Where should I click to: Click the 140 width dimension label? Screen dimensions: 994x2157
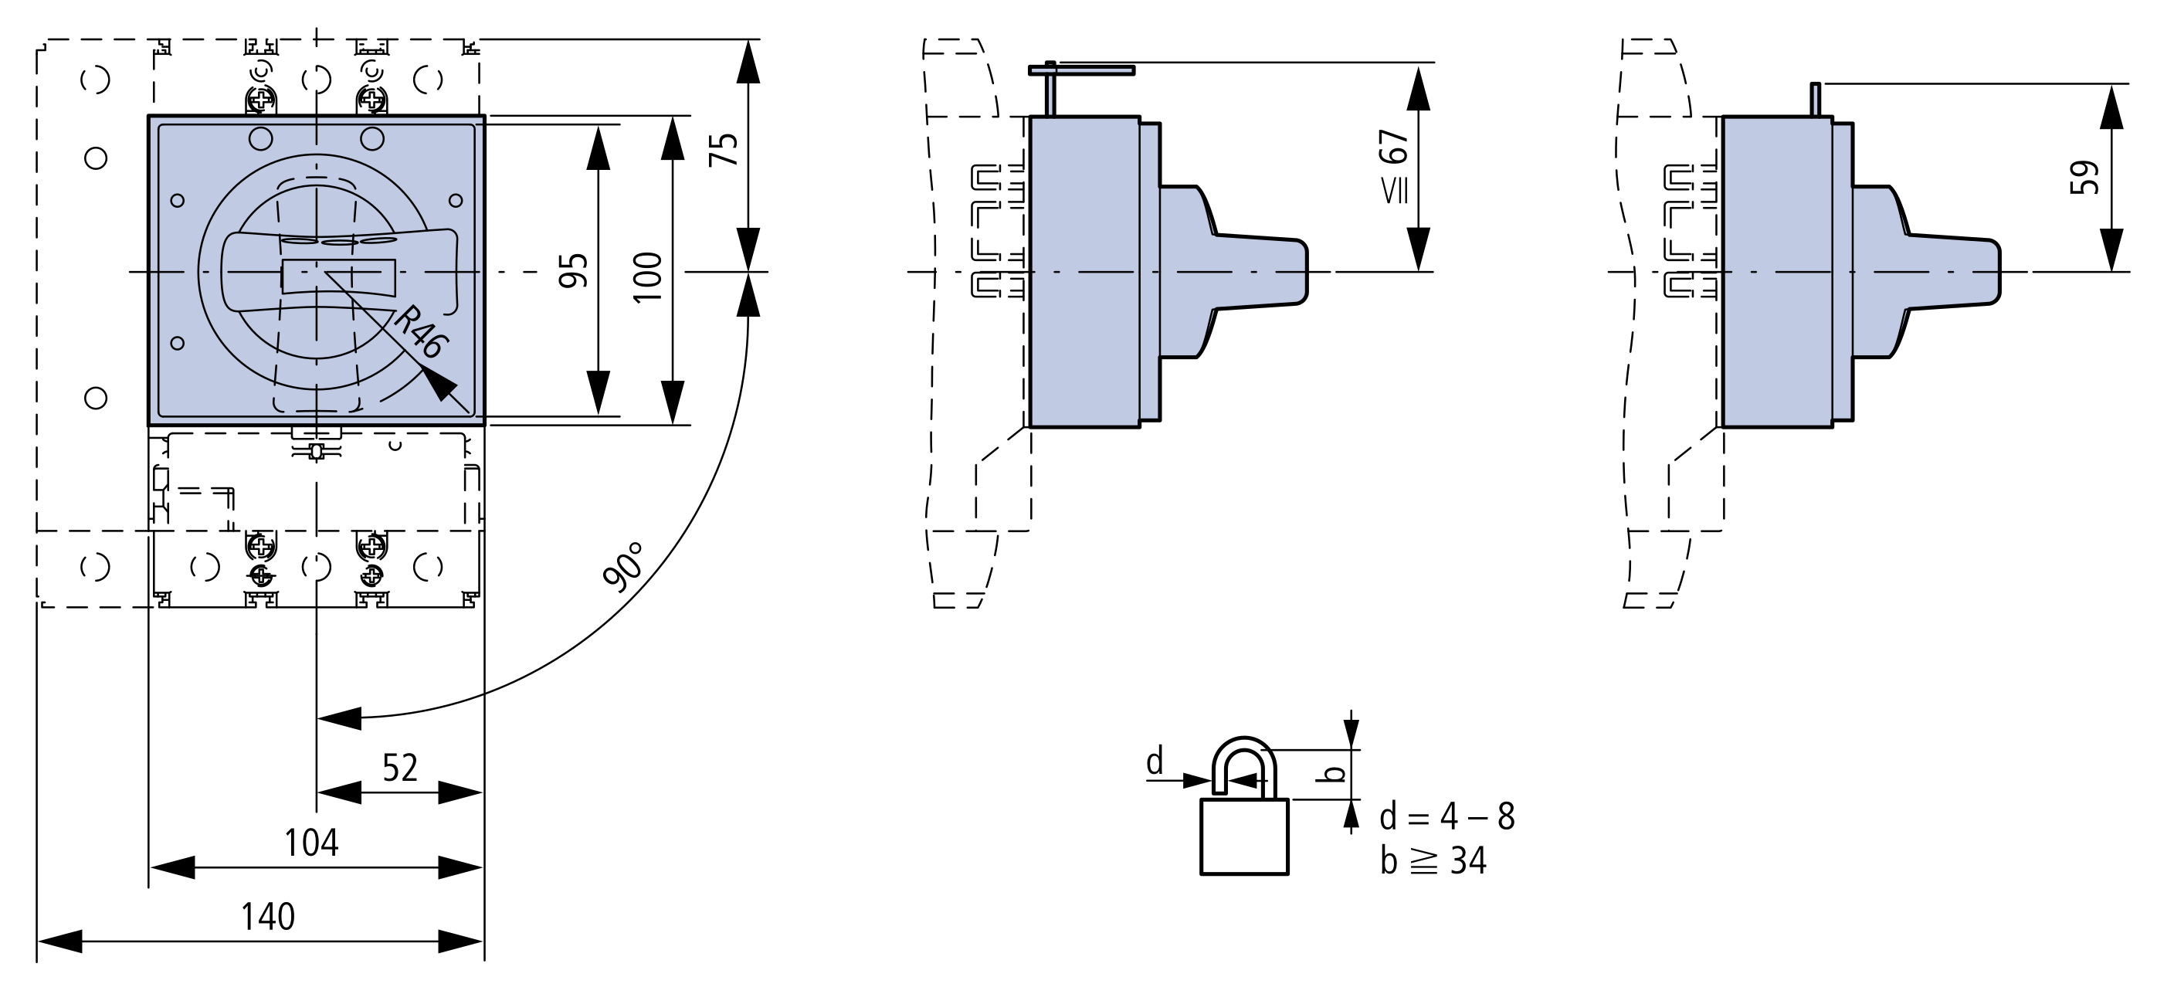(268, 917)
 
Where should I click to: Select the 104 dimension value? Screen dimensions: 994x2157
(310, 843)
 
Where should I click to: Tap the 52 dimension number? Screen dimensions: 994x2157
(399, 768)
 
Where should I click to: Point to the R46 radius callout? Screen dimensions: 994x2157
(419, 332)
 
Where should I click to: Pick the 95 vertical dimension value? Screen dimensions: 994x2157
(574, 270)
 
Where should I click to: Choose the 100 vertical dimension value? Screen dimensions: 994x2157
(647, 276)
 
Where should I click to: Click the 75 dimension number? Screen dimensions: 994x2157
(724, 149)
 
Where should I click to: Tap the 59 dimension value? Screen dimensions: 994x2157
(2084, 177)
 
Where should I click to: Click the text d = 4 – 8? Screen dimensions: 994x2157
(1447, 816)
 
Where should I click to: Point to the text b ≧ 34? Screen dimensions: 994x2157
(1433, 861)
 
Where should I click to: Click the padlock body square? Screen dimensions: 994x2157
(1243, 836)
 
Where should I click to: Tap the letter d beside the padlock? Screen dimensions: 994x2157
(1155, 762)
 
